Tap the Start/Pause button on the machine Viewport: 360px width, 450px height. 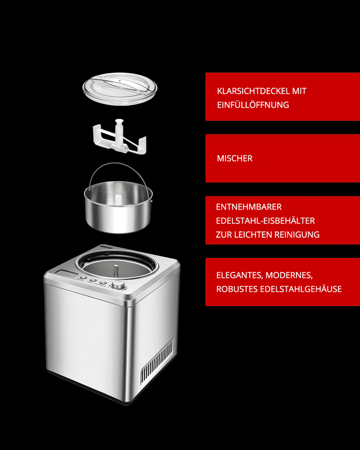[103, 283]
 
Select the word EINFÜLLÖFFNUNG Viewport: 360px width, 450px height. [253, 105]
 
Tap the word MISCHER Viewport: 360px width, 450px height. [235, 158]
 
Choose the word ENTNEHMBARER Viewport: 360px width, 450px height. [249, 207]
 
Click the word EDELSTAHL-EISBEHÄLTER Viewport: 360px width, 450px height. [265, 221]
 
